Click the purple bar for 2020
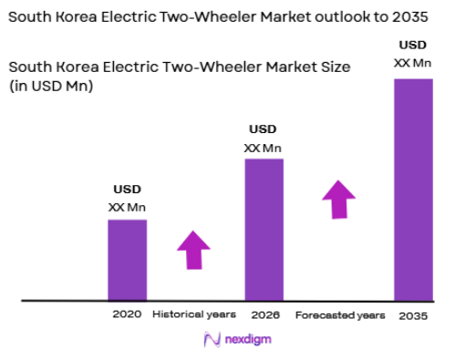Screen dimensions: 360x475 coord(127,259)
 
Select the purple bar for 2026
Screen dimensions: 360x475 coord(263,229)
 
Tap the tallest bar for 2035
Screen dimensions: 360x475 coord(412,189)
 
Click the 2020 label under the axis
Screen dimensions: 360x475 coord(127,314)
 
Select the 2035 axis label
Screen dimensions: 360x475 coord(412,314)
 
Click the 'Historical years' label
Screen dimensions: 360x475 coord(194,314)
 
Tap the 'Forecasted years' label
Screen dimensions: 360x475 coord(340,314)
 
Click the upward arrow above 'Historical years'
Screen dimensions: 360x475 coord(193,249)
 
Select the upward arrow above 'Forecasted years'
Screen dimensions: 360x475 coord(339,199)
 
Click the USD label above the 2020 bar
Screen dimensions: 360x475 coord(127,190)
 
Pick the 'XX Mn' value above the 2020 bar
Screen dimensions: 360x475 coord(127,207)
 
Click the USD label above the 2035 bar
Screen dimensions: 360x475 coord(412,45)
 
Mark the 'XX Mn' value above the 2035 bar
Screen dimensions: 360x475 coord(412,63)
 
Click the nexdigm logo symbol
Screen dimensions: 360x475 coord(212,340)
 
